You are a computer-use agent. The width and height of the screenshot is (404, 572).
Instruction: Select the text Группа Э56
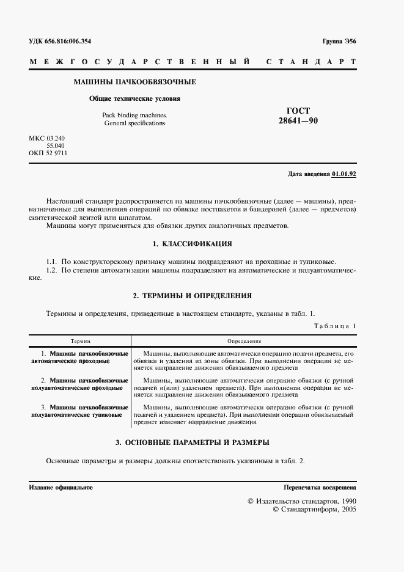pos(339,41)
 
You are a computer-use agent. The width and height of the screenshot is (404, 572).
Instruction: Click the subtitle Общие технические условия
pos(134,98)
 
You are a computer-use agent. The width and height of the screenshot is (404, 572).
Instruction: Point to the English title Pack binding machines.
pos(134,115)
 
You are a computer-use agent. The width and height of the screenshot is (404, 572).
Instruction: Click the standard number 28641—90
pos(298,121)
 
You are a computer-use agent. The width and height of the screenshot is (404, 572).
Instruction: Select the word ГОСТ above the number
pos(298,111)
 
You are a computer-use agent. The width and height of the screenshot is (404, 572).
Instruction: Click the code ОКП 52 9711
pos(48,153)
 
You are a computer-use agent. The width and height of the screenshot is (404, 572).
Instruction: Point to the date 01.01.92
pos(344,174)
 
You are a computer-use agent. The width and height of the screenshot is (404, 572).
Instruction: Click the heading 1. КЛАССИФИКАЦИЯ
pos(193,244)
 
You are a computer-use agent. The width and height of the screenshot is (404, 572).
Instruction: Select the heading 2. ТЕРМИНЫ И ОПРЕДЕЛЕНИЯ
pos(193,296)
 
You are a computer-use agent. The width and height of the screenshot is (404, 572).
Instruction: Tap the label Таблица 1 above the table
pos(335,326)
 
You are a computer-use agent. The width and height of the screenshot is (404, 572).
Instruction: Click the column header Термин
pos(80,340)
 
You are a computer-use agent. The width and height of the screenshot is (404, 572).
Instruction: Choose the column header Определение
pos(244,340)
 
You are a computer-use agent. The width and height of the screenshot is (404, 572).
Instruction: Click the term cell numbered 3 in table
pos(79,411)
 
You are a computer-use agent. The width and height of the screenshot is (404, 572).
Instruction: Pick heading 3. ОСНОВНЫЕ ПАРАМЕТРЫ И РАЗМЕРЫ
pos(193,442)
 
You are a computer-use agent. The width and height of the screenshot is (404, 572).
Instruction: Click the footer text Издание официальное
pos(61,488)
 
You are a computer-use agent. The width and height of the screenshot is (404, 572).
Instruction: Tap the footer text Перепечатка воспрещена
pos(320,488)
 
